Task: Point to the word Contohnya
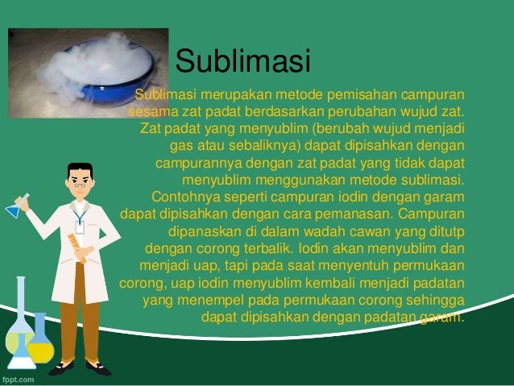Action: tap(184, 197)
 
